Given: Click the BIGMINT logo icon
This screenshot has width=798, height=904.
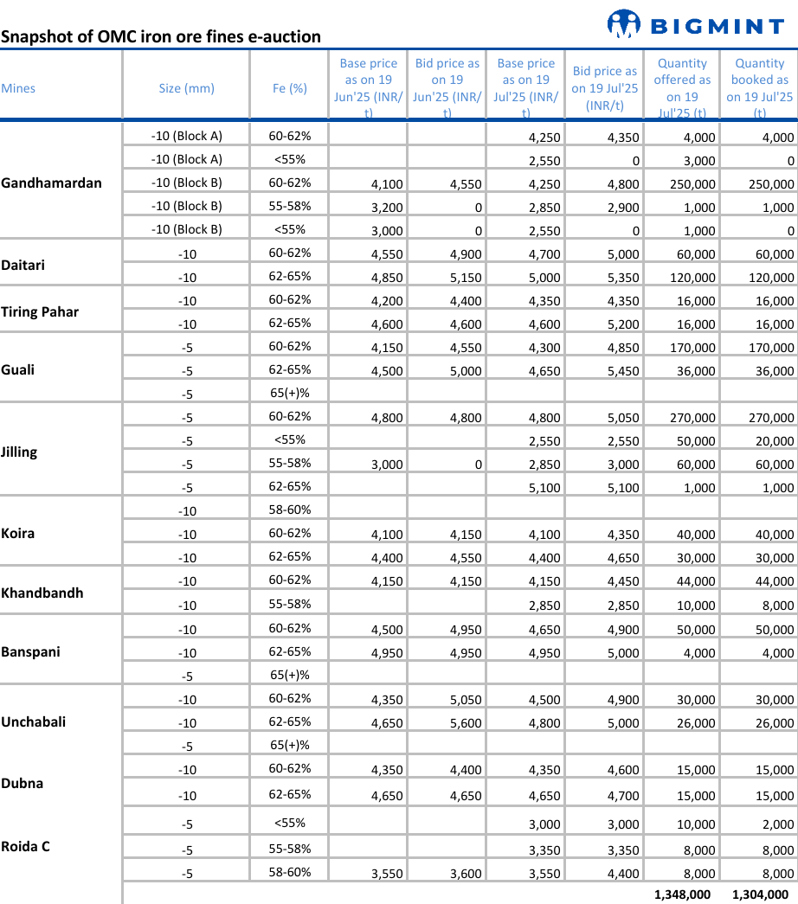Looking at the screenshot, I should (x=623, y=24).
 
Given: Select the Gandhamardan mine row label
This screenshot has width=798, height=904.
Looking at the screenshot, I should (x=51, y=183).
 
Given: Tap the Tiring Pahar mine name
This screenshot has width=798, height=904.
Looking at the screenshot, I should (x=40, y=311).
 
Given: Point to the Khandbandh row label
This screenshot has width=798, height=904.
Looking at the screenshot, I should (x=42, y=593).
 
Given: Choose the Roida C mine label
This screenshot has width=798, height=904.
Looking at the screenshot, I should (x=26, y=846).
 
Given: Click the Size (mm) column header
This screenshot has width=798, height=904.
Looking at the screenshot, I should (x=186, y=88).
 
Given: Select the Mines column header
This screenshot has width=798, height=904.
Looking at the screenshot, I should (x=18, y=88).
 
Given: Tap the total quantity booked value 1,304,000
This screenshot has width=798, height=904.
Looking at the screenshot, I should (x=760, y=894).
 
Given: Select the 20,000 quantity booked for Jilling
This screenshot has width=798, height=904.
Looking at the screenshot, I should (x=774, y=440).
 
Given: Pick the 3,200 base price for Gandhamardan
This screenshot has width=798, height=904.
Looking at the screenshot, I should (x=386, y=208).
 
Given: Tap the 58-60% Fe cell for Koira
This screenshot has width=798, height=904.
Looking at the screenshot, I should (x=290, y=510).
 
